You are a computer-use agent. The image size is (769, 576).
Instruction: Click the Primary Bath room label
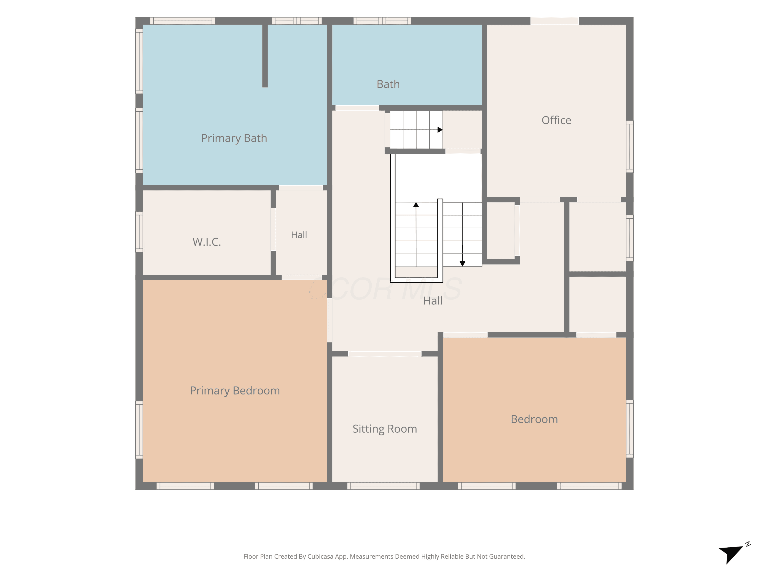point(234,138)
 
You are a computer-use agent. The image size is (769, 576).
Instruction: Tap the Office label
point(556,120)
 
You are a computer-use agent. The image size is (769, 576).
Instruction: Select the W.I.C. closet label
point(207,242)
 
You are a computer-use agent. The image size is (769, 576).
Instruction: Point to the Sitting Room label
point(385,429)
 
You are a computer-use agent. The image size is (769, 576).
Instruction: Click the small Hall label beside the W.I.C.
point(299,235)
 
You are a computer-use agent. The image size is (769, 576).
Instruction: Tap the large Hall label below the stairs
point(433,301)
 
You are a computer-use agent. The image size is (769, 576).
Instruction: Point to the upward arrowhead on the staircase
point(416,205)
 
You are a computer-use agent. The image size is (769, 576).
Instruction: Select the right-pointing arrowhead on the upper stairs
point(440,130)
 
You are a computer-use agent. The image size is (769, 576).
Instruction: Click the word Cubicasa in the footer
point(320,557)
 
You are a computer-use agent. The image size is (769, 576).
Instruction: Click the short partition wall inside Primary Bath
point(265,56)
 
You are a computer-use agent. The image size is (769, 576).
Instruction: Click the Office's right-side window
point(630,146)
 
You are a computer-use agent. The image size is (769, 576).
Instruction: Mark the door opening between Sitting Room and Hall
point(385,354)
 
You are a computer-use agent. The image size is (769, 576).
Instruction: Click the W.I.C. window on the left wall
point(139,232)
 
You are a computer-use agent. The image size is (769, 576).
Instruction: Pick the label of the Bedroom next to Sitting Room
point(534,419)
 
